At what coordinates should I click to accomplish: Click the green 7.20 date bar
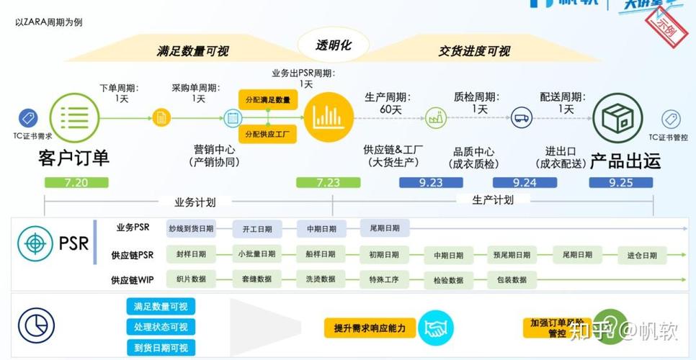76,183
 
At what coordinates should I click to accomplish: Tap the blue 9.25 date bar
620,183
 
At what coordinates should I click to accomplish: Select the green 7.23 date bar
328,183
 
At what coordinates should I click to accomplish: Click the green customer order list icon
74,117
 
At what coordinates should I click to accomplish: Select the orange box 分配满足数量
267,100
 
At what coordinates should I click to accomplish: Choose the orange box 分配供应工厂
267,134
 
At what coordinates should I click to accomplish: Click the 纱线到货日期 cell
191,229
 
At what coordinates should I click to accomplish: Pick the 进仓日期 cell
641,255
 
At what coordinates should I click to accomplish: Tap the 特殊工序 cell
384,279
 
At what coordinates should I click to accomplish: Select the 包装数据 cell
512,279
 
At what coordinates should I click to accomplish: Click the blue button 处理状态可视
161,328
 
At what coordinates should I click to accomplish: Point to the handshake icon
434,329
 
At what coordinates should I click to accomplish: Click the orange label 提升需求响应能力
370,329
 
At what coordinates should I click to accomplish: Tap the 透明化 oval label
334,45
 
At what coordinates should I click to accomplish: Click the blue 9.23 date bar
431,183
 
